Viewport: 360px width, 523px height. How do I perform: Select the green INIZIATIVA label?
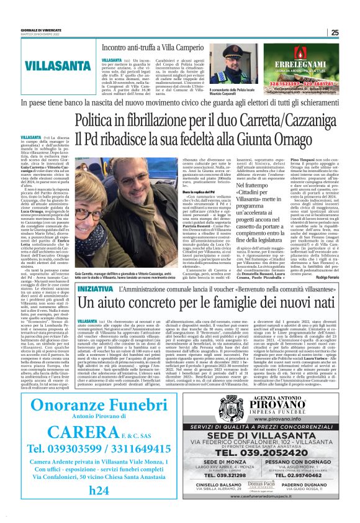coord(96,290)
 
